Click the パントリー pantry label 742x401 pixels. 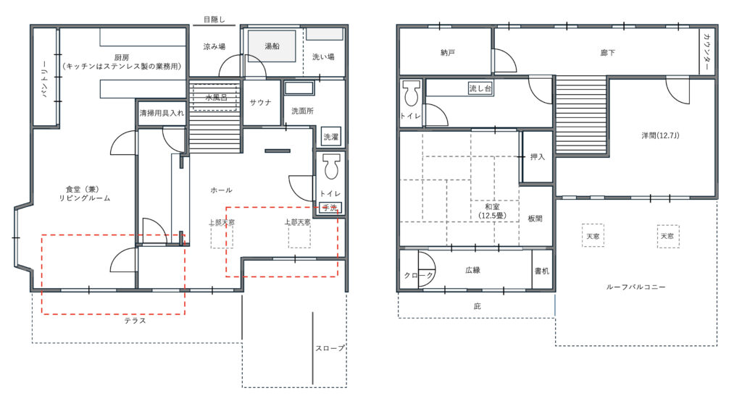coord(45,78)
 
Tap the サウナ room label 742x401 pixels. coord(260,103)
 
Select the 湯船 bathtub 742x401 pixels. coord(272,46)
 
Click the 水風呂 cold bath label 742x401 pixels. coord(216,98)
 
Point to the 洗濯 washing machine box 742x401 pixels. coord(330,137)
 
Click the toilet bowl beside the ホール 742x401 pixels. coord(332,166)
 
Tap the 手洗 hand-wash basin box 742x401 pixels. coord(330,208)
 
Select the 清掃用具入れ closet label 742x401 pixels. coord(162,114)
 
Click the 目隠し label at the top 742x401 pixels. coord(214,20)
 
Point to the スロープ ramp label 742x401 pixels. coord(330,348)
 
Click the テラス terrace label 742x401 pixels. coord(135,321)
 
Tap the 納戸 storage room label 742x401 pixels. coord(448,53)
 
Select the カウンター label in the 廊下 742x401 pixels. coord(707,52)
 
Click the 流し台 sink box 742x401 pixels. coord(480,88)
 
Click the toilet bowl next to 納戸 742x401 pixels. coord(411,93)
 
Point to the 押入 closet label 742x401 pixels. coord(537,156)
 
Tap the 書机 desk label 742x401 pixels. coord(542,271)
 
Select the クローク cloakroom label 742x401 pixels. coord(418,275)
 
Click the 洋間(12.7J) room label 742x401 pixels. coord(660,135)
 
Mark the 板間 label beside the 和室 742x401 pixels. coord(535,219)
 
